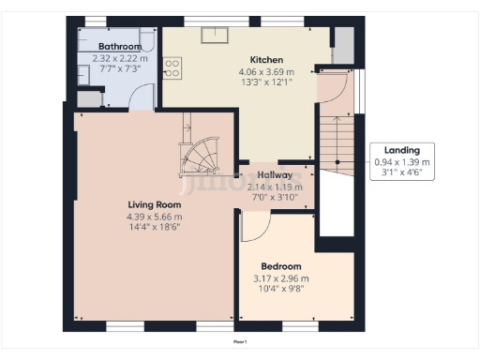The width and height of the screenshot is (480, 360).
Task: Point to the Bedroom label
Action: pos(281,266)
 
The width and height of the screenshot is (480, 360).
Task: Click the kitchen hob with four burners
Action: pos(172,67)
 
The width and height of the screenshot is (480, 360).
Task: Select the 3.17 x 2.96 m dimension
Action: pos(281,278)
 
